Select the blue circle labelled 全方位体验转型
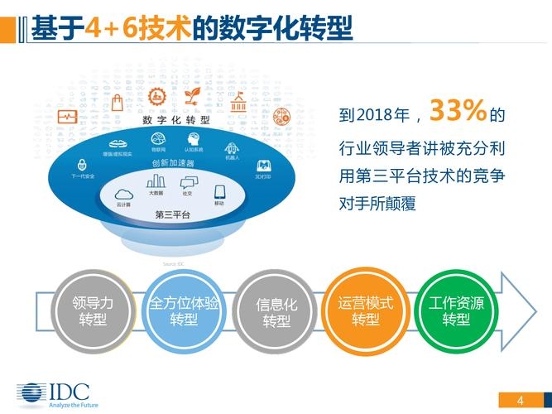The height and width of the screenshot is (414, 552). [x=183, y=311]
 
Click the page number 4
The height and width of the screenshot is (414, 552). [x=520, y=401]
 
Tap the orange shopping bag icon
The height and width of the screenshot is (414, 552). [x=118, y=103]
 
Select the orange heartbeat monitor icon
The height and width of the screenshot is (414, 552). [x=67, y=118]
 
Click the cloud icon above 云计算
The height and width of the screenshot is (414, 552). [x=123, y=192]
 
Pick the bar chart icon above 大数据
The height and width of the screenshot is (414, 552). [x=156, y=181]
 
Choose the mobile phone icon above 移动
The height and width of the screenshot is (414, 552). [x=219, y=191]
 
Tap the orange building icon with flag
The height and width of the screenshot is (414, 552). [x=238, y=103]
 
